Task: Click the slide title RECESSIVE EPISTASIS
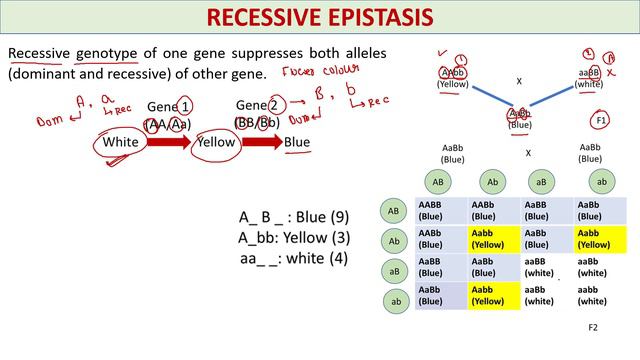[319, 18]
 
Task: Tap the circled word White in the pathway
[121, 142]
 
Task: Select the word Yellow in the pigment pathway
[215, 142]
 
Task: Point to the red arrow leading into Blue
[262, 142]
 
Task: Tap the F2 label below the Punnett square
[592, 327]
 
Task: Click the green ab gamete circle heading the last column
[600, 181]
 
